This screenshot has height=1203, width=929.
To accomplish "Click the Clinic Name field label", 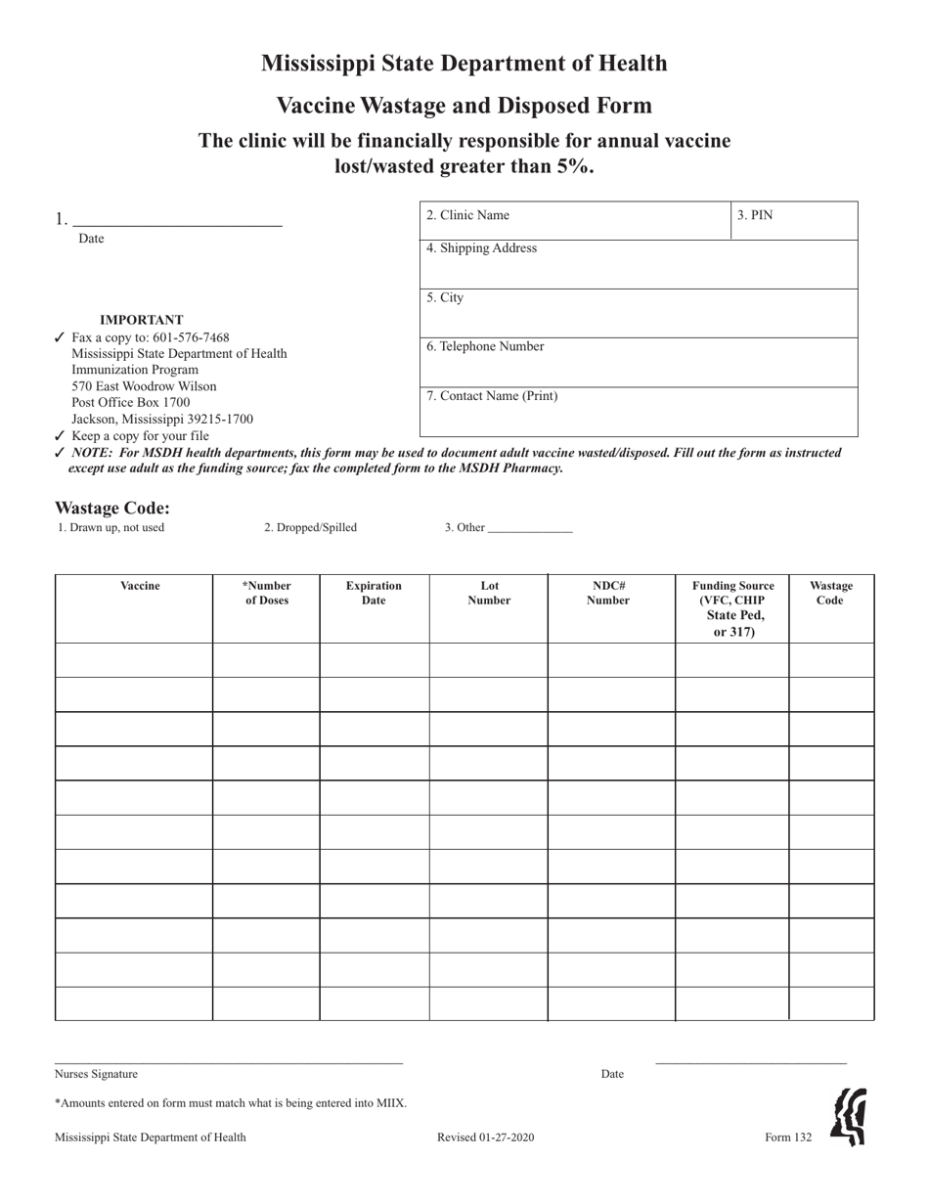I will tap(467, 215).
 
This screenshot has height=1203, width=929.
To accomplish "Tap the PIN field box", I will tap(793, 220).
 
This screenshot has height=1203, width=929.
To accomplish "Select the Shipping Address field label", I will tap(481, 248).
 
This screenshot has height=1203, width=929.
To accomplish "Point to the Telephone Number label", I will tap(485, 346).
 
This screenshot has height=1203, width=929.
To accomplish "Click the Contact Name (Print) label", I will tap(492, 396).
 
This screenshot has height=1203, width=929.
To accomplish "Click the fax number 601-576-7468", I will tap(191, 337).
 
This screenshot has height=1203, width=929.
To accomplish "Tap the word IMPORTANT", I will tap(141, 320).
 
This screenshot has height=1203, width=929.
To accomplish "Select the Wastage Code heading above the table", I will tap(112, 508).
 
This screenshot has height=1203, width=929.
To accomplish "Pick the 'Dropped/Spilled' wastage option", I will tap(310, 527).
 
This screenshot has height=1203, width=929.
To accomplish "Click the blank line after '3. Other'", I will tap(529, 529).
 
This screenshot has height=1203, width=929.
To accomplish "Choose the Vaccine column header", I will tap(140, 586).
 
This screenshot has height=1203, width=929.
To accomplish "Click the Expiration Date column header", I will tap(374, 593).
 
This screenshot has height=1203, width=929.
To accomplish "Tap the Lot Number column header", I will tap(489, 593).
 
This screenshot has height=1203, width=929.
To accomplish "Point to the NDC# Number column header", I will tap(608, 593).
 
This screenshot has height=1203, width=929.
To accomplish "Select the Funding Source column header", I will tap(733, 608).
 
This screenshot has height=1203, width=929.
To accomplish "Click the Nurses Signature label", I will tap(96, 1074).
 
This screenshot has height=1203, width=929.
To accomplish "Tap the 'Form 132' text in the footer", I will tap(788, 1137).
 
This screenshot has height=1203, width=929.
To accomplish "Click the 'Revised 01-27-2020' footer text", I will tap(485, 1137).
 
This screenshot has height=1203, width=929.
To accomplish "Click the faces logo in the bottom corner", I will tap(849, 1117).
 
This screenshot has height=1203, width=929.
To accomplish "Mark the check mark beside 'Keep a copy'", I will tap(60, 436).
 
